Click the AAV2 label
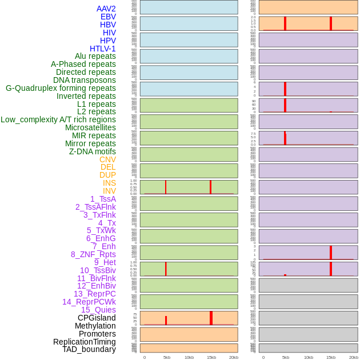(x=106, y=9)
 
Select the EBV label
(x=108, y=17)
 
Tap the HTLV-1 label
(x=103, y=49)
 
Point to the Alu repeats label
(x=95, y=56)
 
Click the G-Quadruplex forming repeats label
(x=61, y=88)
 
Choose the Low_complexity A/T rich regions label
(x=58, y=119)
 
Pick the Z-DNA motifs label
(x=93, y=151)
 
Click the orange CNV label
(x=107, y=159)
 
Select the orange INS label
(x=109, y=183)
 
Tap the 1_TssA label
(x=103, y=199)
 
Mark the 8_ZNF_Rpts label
(x=93, y=254)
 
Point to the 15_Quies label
(x=98, y=310)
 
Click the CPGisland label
(x=97, y=318)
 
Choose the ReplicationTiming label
(x=85, y=342)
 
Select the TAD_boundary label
(x=89, y=349)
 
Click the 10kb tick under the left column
(x=189, y=357)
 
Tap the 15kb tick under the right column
(x=331, y=357)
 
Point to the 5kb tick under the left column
(x=167, y=357)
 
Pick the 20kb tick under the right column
(x=354, y=357)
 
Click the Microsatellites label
(x=90, y=127)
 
